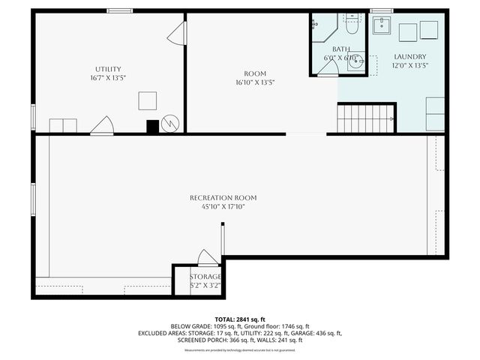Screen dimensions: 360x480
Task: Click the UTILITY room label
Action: pos(108,69)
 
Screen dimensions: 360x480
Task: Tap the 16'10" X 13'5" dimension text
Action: pos(255,82)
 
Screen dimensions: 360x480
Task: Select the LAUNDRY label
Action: pos(410,57)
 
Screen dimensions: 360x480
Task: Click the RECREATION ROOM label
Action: pos(223,198)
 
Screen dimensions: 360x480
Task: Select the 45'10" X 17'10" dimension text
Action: pos(223,207)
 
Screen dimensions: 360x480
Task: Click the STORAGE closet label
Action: pos(205,277)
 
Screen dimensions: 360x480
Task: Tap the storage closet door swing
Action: pos(208,258)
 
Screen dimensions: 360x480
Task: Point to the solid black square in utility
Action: pos(152,127)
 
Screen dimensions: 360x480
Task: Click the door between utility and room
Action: pos(177,33)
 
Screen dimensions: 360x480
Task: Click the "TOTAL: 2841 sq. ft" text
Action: pos(240,319)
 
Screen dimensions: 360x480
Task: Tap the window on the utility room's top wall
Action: pos(119,10)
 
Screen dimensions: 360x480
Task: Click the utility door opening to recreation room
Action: pos(102,126)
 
